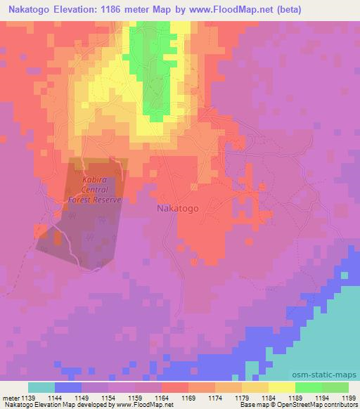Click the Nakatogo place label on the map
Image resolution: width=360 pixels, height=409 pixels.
coord(177,209)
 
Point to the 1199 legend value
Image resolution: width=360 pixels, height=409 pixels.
coord(339,397)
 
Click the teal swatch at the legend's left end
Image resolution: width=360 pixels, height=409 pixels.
coord(41,387)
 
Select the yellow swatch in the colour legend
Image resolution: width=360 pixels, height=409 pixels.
coord(281,387)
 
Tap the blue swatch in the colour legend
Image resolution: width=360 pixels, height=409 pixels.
coord(68,387)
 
